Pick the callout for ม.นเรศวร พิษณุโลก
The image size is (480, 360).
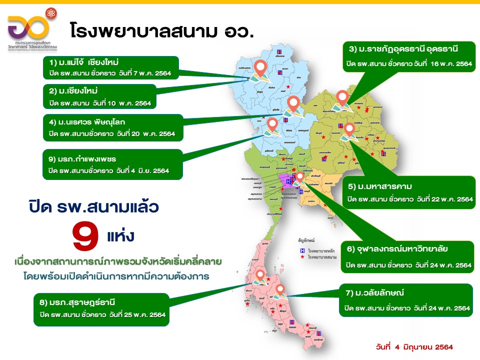click(113, 127)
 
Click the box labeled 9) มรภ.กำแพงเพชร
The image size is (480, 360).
click(112, 165)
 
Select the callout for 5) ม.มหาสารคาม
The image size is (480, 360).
click(410, 192)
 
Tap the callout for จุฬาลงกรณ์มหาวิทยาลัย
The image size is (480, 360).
click(409, 258)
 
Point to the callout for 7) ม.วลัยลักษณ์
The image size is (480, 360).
click(405, 300)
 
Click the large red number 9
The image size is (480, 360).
click(86, 236)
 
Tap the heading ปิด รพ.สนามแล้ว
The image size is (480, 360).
click(96, 206)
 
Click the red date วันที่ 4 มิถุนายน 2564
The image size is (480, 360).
click(414, 346)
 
